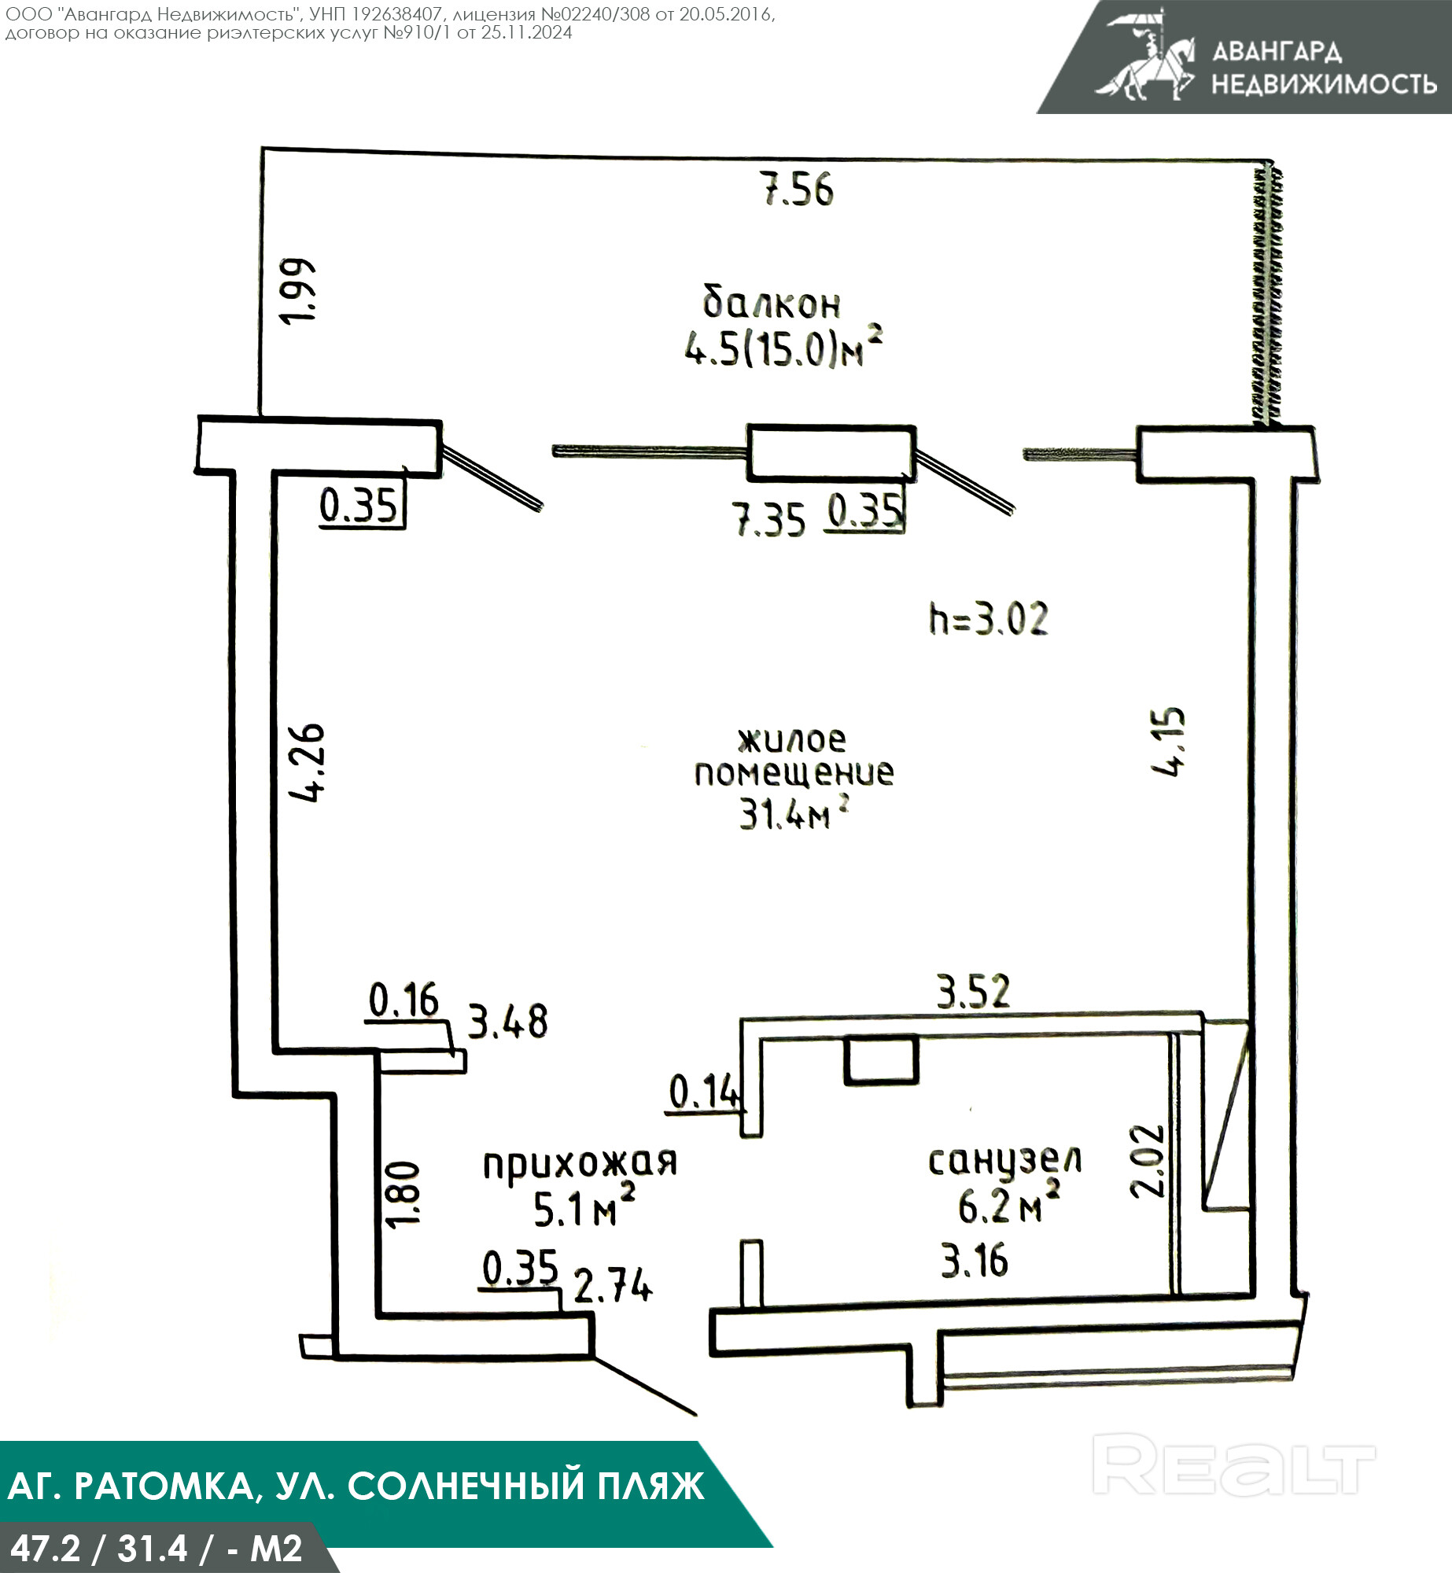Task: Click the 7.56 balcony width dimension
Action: point(799,190)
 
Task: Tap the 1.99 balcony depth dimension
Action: point(300,290)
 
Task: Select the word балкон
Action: point(772,303)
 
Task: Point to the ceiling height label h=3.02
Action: point(989,619)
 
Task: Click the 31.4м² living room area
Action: point(794,813)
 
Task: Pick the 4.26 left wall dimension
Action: point(307,761)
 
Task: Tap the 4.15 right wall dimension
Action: point(1169,742)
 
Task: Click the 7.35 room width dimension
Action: point(769,520)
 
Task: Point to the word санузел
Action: point(1005,1162)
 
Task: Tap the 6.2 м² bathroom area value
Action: point(1009,1204)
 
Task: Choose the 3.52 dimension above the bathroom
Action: point(973,991)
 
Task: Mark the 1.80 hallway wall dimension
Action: point(403,1193)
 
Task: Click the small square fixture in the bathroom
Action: point(881,1060)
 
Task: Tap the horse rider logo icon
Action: point(1145,56)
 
